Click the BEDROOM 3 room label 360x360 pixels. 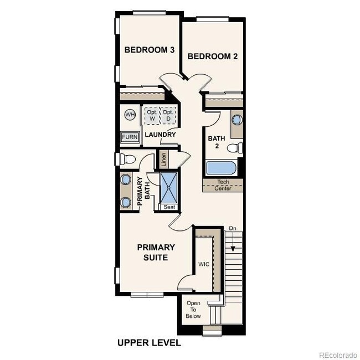click(150, 50)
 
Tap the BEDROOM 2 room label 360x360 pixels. click(213, 56)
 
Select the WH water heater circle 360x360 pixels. click(130, 115)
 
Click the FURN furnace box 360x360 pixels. click(130, 137)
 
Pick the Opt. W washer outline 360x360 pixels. click(151, 115)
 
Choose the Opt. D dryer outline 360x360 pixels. click(168, 115)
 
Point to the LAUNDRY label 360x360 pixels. click(160, 135)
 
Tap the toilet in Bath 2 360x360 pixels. click(236, 148)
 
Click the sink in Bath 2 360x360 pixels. click(237, 120)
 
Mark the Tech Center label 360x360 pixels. click(223, 185)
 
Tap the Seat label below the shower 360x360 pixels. click(169, 207)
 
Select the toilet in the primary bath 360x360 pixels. click(128, 160)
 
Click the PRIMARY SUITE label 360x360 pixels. click(156, 253)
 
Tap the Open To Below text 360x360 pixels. click(193, 310)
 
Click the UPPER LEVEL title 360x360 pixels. click(149, 343)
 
